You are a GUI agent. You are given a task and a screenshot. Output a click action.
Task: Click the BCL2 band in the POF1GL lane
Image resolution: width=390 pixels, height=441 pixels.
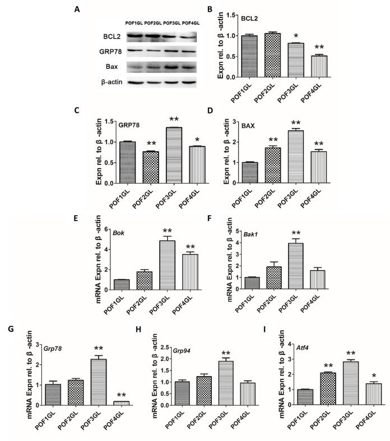[134, 37]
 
